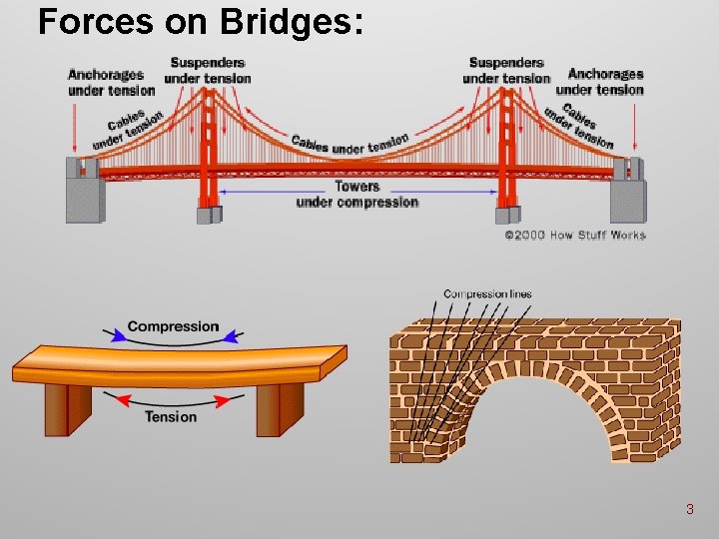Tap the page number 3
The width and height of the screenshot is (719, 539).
pyautogui.click(x=689, y=510)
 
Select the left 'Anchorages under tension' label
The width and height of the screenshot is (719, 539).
pyautogui.click(x=105, y=82)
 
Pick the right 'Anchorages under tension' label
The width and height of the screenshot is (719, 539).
pyautogui.click(x=605, y=81)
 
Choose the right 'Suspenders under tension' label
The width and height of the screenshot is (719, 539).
pyautogui.click(x=506, y=70)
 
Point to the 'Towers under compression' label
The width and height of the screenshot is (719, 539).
pyautogui.click(x=357, y=194)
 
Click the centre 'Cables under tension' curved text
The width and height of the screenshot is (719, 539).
pyautogui.click(x=351, y=145)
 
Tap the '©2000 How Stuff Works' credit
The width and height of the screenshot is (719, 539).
pyautogui.click(x=574, y=236)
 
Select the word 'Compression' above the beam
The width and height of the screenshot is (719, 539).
pyautogui.click(x=173, y=326)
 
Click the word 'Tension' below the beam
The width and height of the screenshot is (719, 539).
pyautogui.click(x=171, y=416)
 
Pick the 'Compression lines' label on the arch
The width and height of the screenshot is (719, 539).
pyautogui.click(x=487, y=294)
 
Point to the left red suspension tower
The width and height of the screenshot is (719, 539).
pyautogui.click(x=209, y=150)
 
